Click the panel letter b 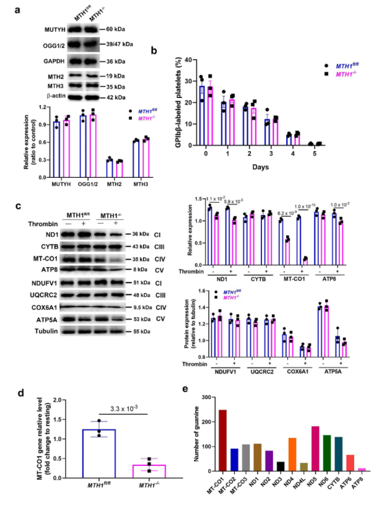(162, 53)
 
